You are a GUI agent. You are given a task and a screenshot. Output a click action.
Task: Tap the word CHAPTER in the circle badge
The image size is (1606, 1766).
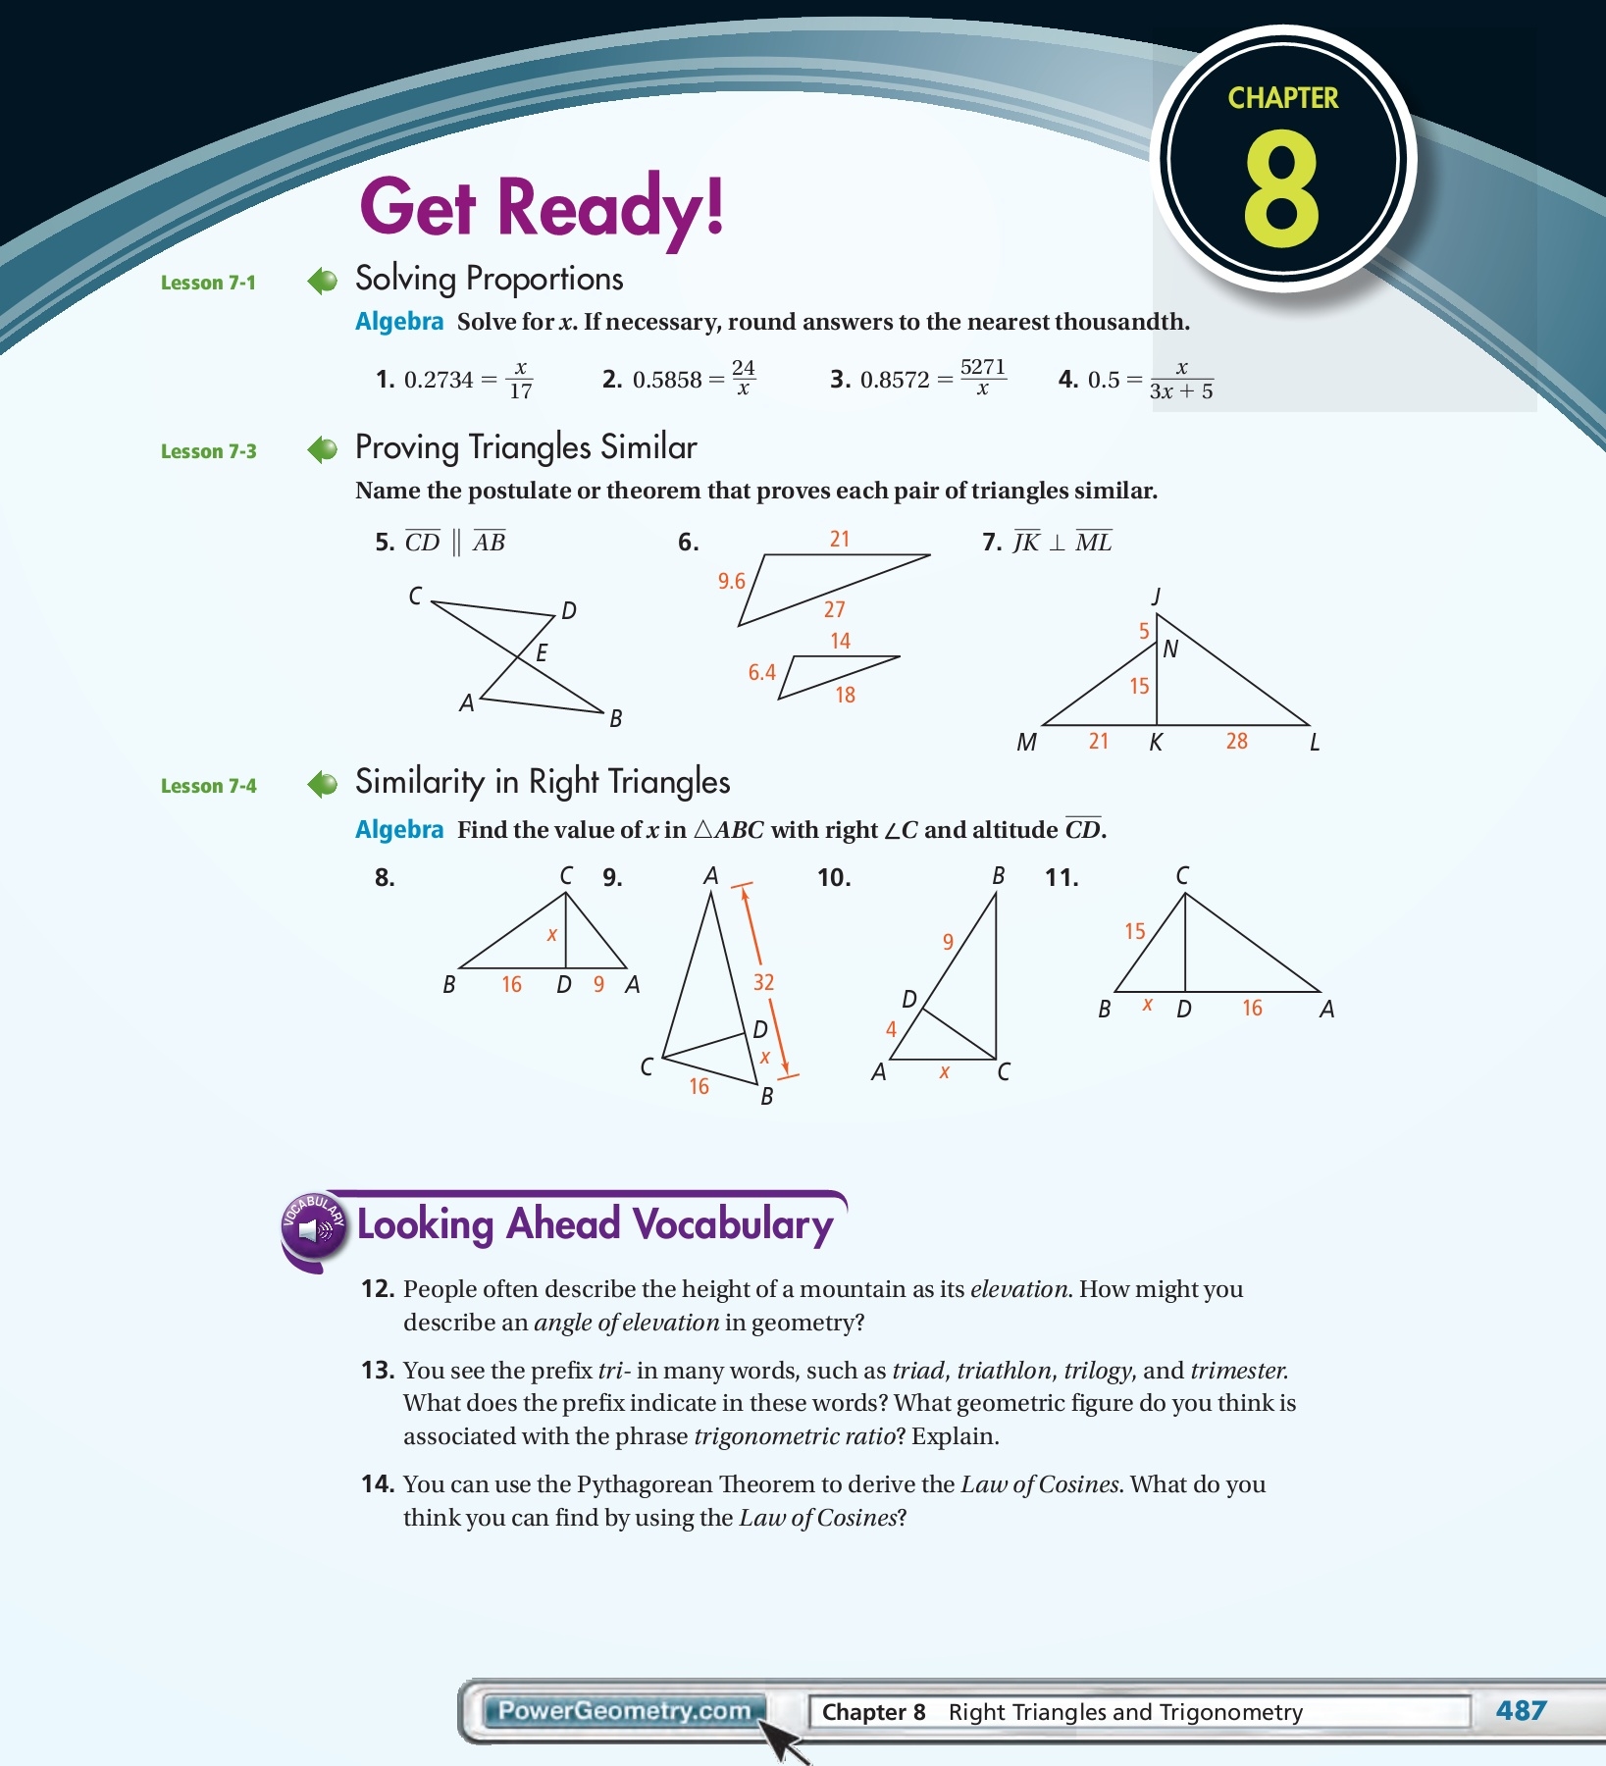[1282, 98]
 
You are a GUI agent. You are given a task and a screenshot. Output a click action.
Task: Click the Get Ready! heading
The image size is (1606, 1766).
[542, 207]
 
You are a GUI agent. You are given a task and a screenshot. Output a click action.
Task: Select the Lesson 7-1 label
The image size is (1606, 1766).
[208, 283]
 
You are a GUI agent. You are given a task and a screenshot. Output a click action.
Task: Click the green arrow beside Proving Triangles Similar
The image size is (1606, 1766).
[322, 450]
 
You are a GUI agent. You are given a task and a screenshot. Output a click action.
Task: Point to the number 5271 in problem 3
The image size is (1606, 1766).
[982, 367]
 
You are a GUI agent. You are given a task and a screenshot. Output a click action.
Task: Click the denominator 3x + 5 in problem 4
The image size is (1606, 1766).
[1181, 391]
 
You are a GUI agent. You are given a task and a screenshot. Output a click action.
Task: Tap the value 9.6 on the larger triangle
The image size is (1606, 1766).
[731, 581]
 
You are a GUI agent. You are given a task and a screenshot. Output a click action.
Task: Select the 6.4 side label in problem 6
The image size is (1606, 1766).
[761, 672]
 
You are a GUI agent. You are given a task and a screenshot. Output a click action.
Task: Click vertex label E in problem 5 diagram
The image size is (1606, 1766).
[541, 652]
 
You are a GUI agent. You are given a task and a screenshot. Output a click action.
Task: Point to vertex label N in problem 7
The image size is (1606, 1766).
[1169, 649]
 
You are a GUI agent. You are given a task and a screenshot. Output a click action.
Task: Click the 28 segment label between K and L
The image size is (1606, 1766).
[1236, 741]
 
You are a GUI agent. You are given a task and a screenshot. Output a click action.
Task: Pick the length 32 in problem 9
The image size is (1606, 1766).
[763, 982]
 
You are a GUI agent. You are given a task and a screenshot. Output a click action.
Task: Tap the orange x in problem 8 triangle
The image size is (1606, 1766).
[552, 935]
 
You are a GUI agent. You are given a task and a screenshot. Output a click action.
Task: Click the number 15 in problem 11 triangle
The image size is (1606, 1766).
[1134, 931]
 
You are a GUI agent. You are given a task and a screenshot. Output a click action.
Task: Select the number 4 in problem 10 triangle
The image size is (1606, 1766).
[891, 1029]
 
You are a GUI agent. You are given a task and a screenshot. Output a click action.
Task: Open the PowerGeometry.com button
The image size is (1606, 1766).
[623, 1711]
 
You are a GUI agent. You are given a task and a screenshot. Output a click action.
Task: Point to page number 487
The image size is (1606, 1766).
[1521, 1711]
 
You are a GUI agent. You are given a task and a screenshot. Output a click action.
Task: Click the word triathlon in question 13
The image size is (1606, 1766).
[1003, 1371]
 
